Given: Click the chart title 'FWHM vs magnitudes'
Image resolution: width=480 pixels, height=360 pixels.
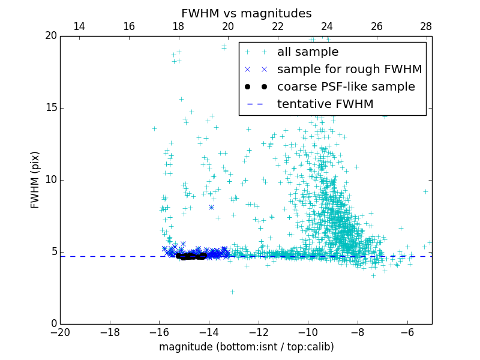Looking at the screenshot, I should [246, 13].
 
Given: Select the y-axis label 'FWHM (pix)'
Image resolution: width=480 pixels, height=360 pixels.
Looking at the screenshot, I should [35, 180].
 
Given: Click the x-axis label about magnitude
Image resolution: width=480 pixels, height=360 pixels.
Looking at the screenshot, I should [246, 347].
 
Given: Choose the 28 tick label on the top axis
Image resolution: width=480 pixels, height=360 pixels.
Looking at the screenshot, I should [426, 27].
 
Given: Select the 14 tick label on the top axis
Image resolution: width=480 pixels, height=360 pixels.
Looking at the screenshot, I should [79, 27].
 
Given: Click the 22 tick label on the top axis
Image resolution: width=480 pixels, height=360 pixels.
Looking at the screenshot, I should [277, 27].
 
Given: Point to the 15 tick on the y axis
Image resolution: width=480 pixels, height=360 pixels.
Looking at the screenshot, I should [51, 108].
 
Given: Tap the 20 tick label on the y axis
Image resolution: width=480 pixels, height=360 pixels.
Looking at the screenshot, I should [51, 36].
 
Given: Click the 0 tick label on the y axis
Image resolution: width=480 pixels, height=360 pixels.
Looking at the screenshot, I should [53, 324].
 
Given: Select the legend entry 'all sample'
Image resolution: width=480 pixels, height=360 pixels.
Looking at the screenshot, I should [308, 52].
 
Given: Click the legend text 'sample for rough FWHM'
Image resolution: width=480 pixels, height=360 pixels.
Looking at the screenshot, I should [349, 70].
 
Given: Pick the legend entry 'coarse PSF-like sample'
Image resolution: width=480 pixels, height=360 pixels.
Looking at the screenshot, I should [346, 87].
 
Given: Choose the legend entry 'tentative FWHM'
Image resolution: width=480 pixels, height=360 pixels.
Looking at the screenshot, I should [325, 104].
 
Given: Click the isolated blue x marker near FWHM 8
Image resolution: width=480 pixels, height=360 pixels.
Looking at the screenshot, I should [211, 207].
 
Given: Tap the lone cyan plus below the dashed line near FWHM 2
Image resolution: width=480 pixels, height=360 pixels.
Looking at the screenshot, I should [232, 292].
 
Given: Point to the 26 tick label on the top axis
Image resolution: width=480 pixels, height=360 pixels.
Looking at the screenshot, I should [376, 27].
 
